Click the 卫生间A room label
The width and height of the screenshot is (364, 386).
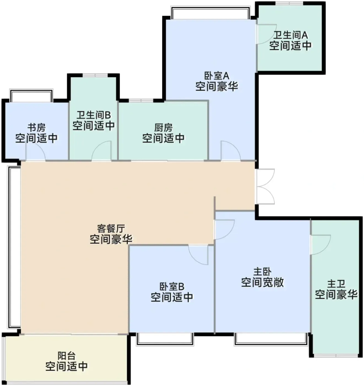[x=290, y=35]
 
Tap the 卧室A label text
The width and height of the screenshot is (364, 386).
[x=217, y=76]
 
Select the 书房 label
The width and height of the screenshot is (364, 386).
[x=36, y=127]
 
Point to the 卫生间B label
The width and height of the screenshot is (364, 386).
[x=94, y=115]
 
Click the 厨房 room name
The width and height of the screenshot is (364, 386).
[x=163, y=127]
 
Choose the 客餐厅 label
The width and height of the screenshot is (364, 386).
[x=111, y=229]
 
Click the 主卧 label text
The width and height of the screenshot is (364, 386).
[x=262, y=272]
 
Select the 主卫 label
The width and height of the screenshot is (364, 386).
[x=336, y=284]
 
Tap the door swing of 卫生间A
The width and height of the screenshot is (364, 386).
[x=267, y=34]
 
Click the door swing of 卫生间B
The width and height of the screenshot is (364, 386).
[x=101, y=151]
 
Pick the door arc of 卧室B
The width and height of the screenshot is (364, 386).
[x=198, y=255]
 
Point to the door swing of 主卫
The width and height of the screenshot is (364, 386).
[x=321, y=245]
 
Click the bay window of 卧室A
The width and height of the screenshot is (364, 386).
[x=211, y=13]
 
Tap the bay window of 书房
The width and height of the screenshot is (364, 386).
[x=31, y=95]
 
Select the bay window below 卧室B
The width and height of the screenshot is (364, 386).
[x=165, y=339]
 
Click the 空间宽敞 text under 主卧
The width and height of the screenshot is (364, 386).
[x=262, y=282]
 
